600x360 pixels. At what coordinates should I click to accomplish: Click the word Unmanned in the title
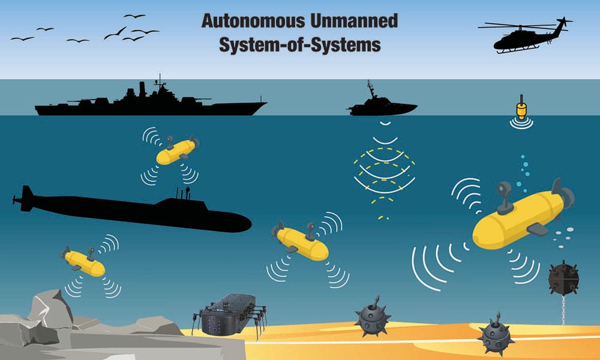(353, 20)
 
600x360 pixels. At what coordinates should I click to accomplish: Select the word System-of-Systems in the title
(299, 44)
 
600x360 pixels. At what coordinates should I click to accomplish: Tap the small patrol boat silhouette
(381, 105)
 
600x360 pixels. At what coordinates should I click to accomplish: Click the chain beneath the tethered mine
(563, 310)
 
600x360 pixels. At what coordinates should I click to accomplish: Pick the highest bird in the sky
(134, 16)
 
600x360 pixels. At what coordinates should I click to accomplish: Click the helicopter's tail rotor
(563, 22)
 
